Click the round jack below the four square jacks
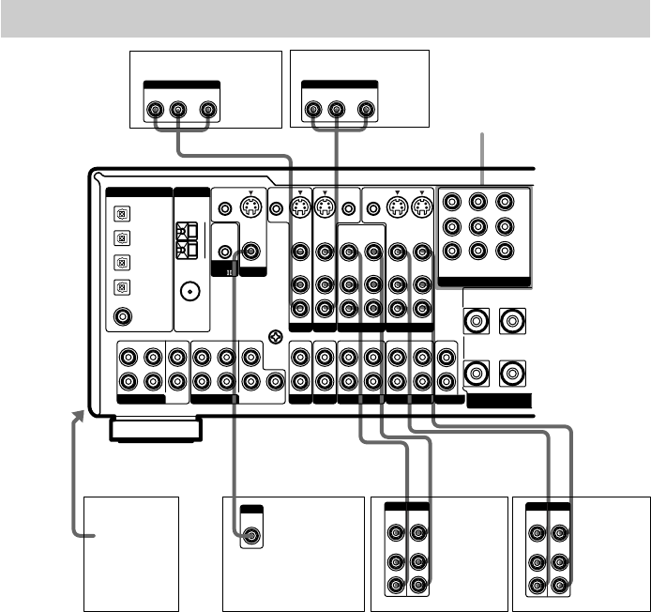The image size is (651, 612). coord(121,316)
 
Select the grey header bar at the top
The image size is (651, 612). coord(325,19)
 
